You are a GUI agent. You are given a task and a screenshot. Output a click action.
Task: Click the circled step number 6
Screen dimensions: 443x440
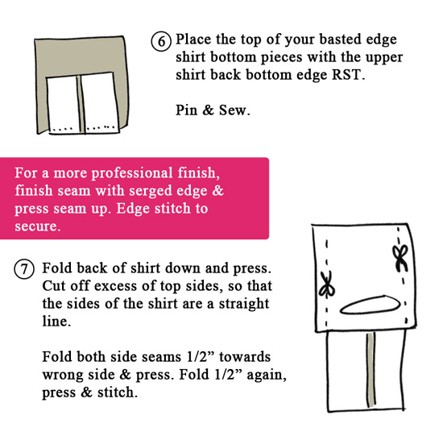(x=161, y=41)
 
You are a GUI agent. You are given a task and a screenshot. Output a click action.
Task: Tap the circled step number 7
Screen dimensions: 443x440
(x=24, y=270)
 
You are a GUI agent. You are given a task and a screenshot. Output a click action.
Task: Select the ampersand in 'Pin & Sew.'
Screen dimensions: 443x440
(x=209, y=110)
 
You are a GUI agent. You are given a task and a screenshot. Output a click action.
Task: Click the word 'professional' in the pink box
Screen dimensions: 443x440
(x=131, y=173)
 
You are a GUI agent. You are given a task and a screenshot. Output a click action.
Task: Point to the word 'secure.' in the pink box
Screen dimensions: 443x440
(x=38, y=226)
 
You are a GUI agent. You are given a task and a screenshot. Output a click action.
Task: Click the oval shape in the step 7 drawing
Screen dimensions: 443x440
(x=371, y=305)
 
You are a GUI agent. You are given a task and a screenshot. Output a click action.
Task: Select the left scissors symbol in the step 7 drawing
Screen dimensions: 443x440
(x=327, y=284)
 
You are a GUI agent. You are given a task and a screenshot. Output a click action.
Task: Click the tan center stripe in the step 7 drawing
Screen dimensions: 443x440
(x=371, y=370)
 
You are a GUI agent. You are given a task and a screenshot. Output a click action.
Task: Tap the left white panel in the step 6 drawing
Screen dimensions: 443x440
(x=63, y=104)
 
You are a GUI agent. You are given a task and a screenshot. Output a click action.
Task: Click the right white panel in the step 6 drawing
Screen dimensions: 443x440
(x=100, y=102)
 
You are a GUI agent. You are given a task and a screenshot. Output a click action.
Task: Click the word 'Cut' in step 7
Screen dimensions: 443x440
(x=54, y=286)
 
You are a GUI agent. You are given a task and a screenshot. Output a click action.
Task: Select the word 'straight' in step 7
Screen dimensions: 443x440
(x=244, y=305)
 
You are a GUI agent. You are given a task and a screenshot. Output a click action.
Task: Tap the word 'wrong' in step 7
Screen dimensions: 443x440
(x=63, y=376)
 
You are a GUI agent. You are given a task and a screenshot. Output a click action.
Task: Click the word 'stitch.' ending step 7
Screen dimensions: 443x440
(x=118, y=392)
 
